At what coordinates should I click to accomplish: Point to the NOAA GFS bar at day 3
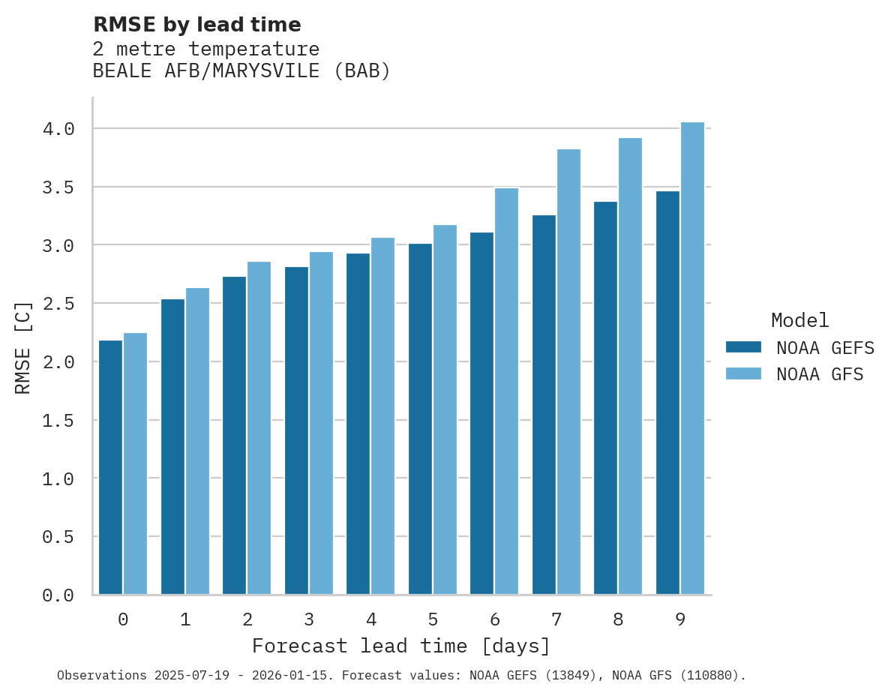321,423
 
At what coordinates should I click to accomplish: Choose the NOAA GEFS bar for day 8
605,397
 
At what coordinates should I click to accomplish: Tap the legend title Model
799,320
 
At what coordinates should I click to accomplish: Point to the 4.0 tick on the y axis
58,129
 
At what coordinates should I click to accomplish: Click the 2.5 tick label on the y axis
58,304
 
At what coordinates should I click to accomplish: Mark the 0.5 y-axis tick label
58,537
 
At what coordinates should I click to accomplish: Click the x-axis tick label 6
495,619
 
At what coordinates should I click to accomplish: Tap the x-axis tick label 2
247,619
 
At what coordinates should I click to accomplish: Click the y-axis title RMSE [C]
23,347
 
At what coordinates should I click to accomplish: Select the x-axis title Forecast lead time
400,646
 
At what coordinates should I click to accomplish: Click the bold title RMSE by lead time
196,25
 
